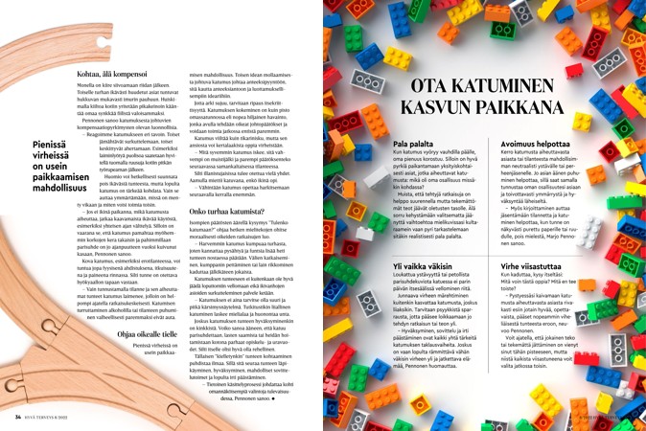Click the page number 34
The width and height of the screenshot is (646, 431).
coord(18,417)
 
